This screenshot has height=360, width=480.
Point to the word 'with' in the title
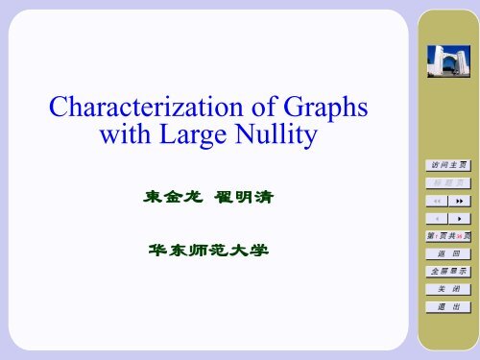pyautogui.click(x=119, y=139)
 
